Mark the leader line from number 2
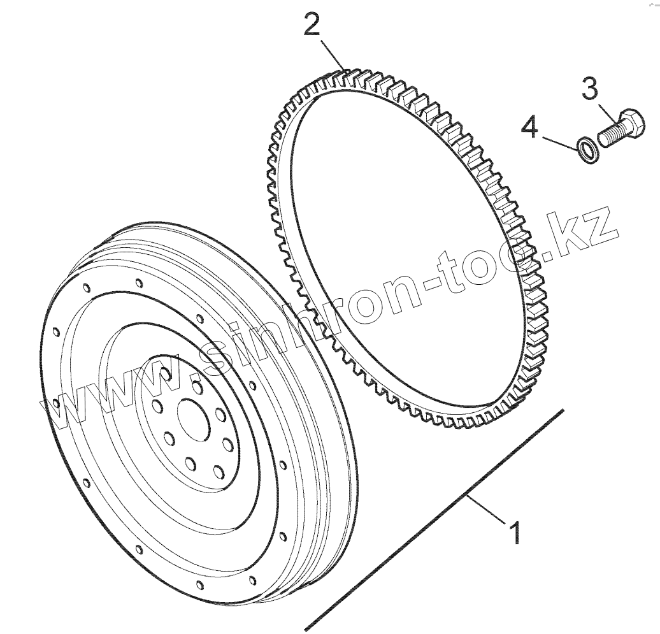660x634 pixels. (332, 55)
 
